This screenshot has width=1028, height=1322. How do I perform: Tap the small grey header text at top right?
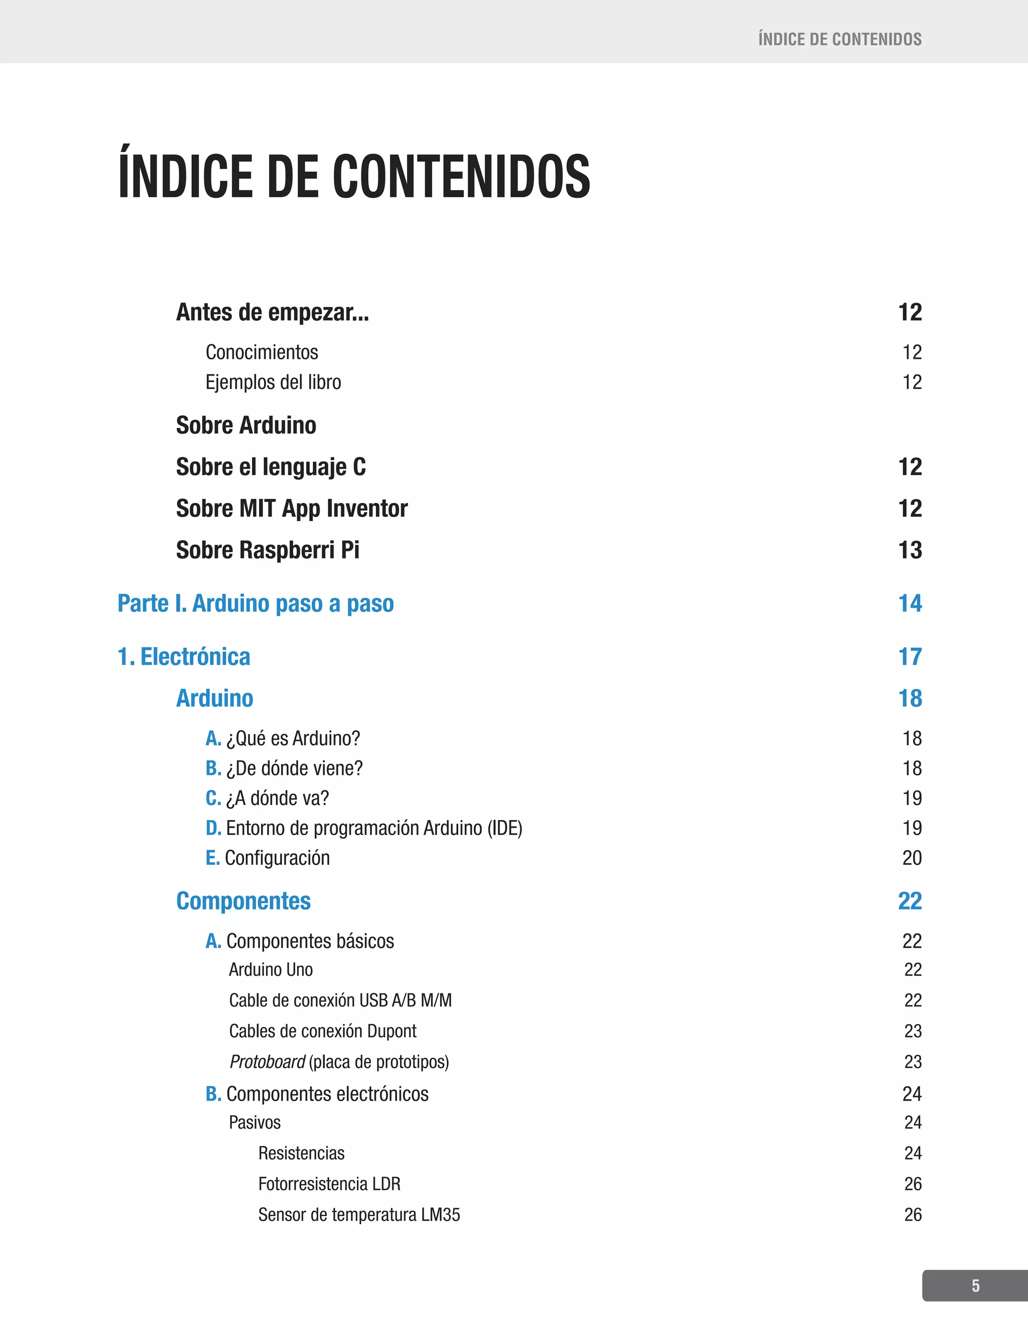pyautogui.click(x=840, y=39)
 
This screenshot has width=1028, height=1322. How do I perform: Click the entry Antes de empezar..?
pyautogui.click(x=272, y=312)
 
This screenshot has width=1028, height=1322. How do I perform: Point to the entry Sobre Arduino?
pyautogui.click(x=246, y=426)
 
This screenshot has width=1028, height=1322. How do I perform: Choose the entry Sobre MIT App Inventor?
pyautogui.click(x=291, y=508)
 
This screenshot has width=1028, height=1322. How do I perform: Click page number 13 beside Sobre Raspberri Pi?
pyautogui.click(x=910, y=550)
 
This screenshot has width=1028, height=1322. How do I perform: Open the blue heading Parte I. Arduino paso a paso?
pyautogui.click(x=255, y=603)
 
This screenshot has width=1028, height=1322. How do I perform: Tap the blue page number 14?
pyautogui.click(x=910, y=603)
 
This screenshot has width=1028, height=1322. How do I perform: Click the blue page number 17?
pyautogui.click(x=910, y=657)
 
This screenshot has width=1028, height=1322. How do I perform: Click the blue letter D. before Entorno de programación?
pyautogui.click(x=213, y=828)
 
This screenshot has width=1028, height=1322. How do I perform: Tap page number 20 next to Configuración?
pyautogui.click(x=912, y=858)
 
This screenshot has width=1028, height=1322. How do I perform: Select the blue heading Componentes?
pyautogui.click(x=243, y=901)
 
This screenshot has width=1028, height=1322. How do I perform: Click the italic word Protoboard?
pyautogui.click(x=267, y=1062)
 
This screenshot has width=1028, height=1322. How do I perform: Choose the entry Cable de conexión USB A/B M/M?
pyautogui.click(x=340, y=1000)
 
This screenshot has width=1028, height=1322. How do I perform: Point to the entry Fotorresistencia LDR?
pyautogui.click(x=329, y=1184)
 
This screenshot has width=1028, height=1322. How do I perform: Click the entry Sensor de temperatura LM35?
pyautogui.click(x=359, y=1215)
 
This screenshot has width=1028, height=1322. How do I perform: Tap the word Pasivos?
pyautogui.click(x=255, y=1123)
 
